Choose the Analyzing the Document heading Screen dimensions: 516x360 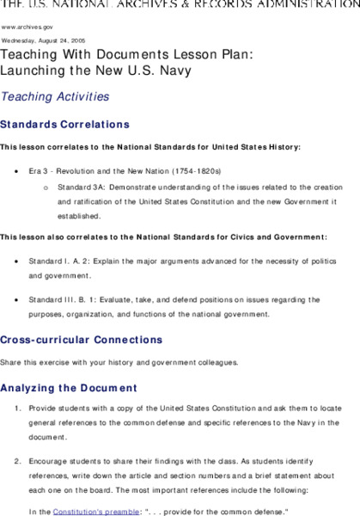click(x=69, y=388)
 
